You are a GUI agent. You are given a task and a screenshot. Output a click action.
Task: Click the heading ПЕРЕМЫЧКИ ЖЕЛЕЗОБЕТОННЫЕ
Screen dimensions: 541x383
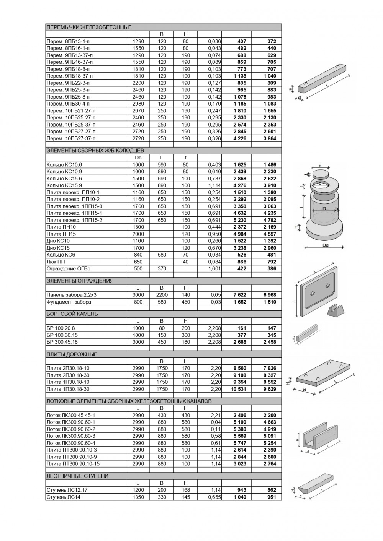pyautogui.click(x=88, y=27)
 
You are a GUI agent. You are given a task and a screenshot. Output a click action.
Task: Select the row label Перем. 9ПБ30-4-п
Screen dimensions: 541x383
pyautogui.click(x=68, y=104)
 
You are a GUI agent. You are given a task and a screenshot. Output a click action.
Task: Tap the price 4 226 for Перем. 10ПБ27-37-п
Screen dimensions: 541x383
pyautogui.click(x=240, y=138)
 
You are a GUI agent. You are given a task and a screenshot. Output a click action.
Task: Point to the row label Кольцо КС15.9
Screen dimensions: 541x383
pyautogui.click(x=64, y=185)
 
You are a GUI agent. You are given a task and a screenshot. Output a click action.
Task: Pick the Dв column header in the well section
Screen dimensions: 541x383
pyautogui.click(x=138, y=158)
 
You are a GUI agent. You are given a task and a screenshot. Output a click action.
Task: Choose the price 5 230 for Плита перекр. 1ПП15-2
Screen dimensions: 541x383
pyautogui.click(x=240, y=220)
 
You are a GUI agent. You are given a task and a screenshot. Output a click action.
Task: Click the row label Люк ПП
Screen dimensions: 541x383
pyautogui.click(x=56, y=262)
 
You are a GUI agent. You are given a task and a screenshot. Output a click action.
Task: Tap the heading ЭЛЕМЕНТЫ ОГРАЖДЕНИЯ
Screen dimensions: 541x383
pyautogui.click(x=80, y=281)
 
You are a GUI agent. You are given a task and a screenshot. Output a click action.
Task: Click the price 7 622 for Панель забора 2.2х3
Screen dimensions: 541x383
pyautogui.click(x=240, y=295)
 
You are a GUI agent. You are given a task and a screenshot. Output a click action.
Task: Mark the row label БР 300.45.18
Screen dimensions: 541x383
pyautogui.click(x=62, y=342)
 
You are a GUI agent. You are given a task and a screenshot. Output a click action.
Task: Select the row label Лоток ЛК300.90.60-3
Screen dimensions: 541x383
pyautogui.click(x=70, y=436)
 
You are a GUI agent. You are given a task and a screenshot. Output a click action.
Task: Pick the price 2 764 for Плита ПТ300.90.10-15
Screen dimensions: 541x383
pyautogui.click(x=270, y=464)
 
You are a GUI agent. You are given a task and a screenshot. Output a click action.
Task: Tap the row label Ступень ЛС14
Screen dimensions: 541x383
pyautogui.click(x=63, y=497)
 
